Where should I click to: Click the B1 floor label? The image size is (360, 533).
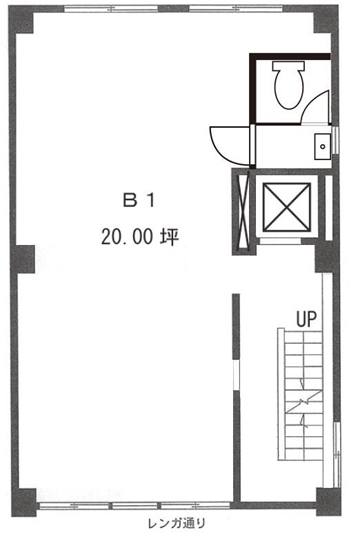coord(139,200)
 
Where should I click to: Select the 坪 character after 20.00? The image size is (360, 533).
coord(169,237)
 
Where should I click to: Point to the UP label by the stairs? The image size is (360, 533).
coord(306,319)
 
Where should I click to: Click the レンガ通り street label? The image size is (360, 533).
coord(177,523)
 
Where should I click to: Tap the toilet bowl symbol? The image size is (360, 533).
coord(289,89)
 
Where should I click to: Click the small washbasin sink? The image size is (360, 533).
coord(322,147)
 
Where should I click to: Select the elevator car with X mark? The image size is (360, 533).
coord(287,207)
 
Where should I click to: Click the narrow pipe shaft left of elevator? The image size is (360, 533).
coord(244,212)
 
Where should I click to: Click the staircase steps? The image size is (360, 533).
coord(301,394)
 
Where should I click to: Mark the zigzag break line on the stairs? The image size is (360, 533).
coord(304,403)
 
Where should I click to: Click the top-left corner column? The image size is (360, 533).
coord(21,20)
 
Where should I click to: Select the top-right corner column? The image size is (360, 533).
coord(326,19)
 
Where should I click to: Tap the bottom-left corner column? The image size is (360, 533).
coord(24,502)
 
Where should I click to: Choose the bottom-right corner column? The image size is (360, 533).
coord(328,502)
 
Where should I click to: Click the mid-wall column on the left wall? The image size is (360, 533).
coord(23,259)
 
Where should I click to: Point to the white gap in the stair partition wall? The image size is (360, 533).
coord(236,375)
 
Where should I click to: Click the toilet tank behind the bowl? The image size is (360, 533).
coord(288,66)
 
